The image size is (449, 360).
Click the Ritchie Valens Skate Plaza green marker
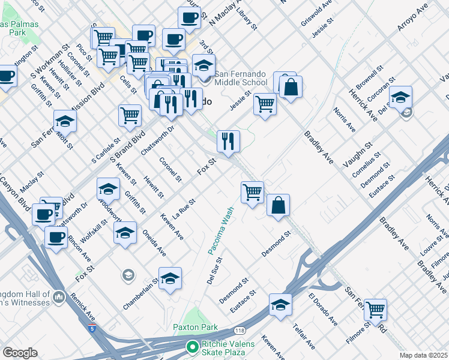coord(192,346)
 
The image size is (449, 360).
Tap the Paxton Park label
coord(194,328)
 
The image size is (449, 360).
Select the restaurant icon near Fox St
coord(228,142)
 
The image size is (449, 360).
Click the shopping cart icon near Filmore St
coord(375,310)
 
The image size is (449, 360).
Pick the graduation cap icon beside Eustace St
coord(280,304)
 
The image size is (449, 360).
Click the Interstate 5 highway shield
coord(91,328)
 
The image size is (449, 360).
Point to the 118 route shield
coord(240,330)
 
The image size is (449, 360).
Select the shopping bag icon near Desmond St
coord(279,205)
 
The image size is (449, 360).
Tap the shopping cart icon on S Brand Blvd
coord(130,115)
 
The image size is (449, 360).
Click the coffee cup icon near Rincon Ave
coord(56,237)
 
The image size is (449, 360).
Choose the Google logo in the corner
coord(20,353)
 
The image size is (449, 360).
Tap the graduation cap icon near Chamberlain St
coord(170,278)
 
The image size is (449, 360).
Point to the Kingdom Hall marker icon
coord(59,296)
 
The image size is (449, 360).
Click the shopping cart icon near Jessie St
coord(265,104)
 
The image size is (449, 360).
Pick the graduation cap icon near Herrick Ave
coord(400,97)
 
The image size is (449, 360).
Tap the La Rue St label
coord(184,208)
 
